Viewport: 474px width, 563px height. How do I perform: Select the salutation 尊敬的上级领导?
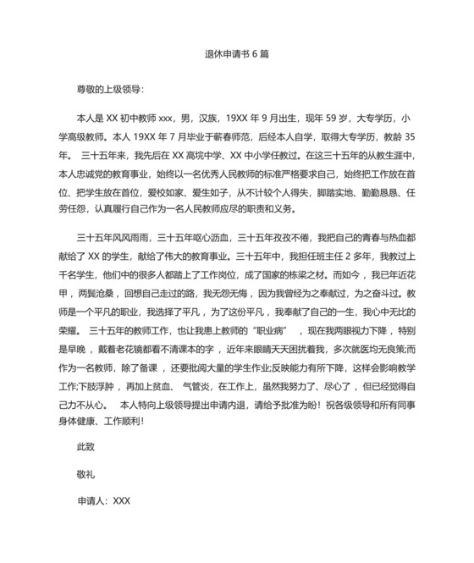tap(110, 88)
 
